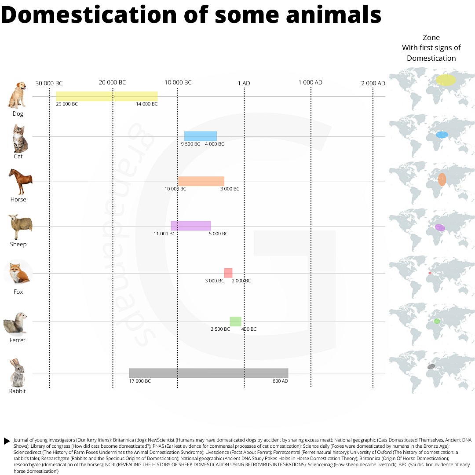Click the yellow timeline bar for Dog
tap(107, 96)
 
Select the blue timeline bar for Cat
tap(201, 136)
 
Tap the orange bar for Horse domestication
tap(201, 181)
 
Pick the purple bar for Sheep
tap(191, 226)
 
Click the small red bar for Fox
tap(228, 273)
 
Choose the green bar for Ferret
tap(235, 322)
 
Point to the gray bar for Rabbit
tap(208, 373)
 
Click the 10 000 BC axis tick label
tap(178, 83)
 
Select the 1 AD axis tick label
tap(244, 83)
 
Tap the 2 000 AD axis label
tap(373, 83)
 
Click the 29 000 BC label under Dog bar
tap(67, 104)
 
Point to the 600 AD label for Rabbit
tap(280, 381)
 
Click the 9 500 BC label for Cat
tap(190, 144)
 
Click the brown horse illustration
tap(20, 181)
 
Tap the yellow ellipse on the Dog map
tap(446, 80)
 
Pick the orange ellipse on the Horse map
tap(442, 179)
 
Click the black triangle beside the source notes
tap(7, 441)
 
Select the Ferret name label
tap(18, 340)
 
